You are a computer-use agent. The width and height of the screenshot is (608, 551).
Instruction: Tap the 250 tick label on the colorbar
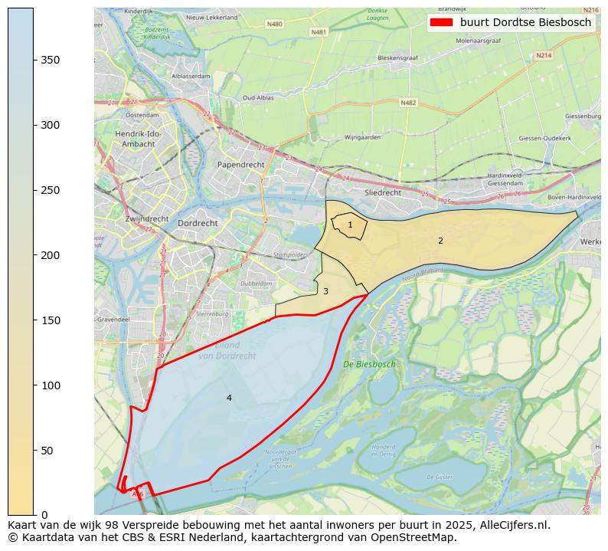pos(51,190)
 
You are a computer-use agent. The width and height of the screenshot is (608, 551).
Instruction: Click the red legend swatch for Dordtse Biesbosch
pos(442,23)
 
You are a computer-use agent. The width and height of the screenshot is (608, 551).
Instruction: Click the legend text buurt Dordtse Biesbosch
pos(525,23)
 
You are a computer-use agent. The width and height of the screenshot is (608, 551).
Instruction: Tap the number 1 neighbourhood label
pos(350,225)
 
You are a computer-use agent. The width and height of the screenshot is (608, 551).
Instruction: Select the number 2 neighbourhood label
pos(440,241)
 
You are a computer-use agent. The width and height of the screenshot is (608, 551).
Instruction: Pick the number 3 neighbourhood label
pos(325,291)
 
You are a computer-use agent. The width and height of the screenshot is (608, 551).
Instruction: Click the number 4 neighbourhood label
pos(228,398)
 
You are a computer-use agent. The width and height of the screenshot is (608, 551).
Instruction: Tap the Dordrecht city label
pos(198,223)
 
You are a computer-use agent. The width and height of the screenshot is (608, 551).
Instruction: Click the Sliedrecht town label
pos(383,193)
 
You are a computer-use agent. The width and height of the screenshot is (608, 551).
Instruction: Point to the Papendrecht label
pos(240,165)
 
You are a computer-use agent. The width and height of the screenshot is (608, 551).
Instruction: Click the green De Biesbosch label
pos(369,365)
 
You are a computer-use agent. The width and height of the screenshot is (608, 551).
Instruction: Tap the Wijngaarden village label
pos(363,138)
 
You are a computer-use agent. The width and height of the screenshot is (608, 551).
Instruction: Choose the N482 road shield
pos(408,102)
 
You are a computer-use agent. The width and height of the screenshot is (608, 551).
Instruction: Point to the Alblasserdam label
pos(191,77)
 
